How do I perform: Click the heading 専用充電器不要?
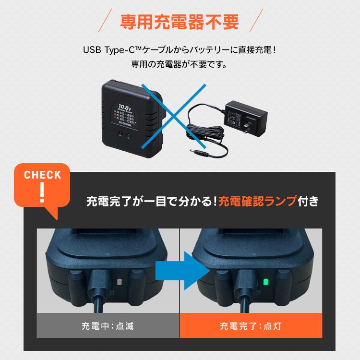click(x=180, y=22)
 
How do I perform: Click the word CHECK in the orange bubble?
click(x=43, y=175)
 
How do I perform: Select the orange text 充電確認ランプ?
click(x=257, y=201)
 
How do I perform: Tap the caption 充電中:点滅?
click(x=108, y=327)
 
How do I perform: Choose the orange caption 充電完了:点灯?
click(x=251, y=327)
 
